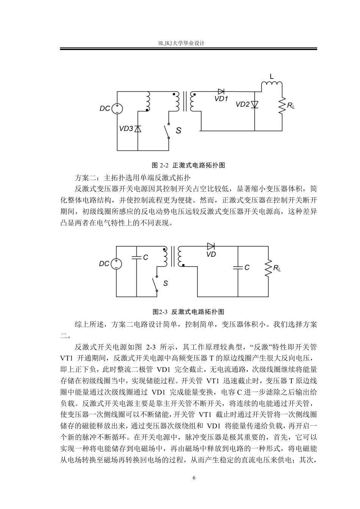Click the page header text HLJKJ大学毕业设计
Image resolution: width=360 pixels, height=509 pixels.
(x=182, y=44)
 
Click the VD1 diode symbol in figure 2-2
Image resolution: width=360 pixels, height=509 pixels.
(x=221, y=91)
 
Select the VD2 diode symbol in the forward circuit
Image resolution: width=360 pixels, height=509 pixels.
(x=255, y=104)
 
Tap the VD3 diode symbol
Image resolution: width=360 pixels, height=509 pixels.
(x=138, y=129)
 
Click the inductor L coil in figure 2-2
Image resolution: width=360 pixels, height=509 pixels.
(x=271, y=84)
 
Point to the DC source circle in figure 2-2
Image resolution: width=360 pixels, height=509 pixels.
(x=117, y=109)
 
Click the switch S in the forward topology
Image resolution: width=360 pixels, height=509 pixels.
(x=167, y=131)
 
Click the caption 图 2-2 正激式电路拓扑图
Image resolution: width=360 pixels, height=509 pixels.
(x=188, y=166)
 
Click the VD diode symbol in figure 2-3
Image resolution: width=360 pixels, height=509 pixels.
(x=211, y=247)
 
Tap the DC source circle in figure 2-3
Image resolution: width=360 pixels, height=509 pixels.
(x=116, y=264)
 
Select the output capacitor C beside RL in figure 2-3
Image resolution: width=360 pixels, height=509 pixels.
(x=238, y=267)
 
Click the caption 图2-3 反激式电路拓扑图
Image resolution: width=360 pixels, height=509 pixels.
(x=188, y=312)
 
